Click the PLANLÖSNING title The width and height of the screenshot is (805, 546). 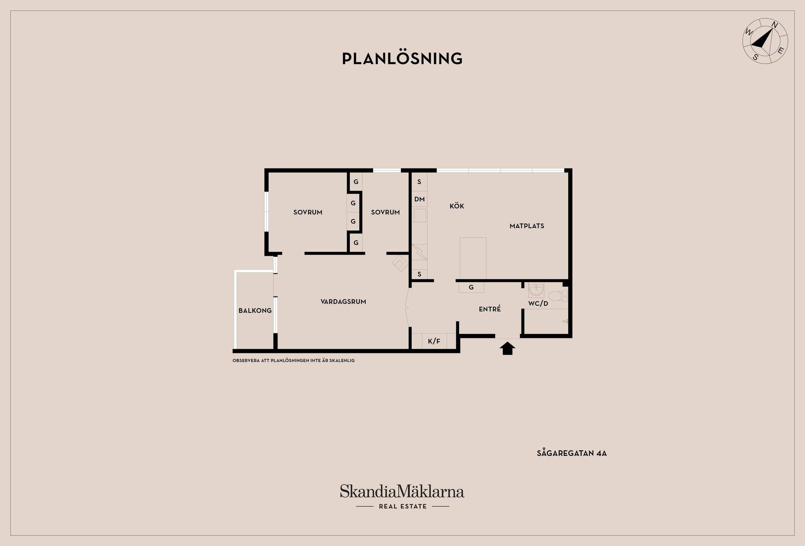click(402, 58)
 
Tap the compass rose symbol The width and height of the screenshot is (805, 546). click(765, 41)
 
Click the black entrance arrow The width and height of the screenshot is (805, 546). click(507, 348)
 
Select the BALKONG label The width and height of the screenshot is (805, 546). click(255, 311)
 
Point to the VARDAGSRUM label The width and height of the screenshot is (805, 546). click(343, 302)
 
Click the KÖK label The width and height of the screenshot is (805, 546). click(457, 206)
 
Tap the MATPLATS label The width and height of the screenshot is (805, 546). click(527, 226)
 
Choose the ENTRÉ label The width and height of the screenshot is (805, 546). click(490, 309)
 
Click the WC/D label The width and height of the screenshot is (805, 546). click(538, 303)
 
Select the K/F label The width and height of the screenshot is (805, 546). click(434, 341)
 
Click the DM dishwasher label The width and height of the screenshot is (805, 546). click(420, 199)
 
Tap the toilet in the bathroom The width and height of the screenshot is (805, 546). click(558, 296)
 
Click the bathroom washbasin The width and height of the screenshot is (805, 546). click(536, 290)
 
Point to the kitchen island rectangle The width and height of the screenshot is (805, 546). click(473, 258)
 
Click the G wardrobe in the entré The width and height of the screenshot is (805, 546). click(471, 287)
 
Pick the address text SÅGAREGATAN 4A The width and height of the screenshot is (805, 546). click(572, 453)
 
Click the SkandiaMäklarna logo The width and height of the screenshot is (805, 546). click(402, 491)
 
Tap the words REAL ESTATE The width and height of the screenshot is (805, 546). click(403, 507)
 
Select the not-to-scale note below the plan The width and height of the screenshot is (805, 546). click(293, 361)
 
